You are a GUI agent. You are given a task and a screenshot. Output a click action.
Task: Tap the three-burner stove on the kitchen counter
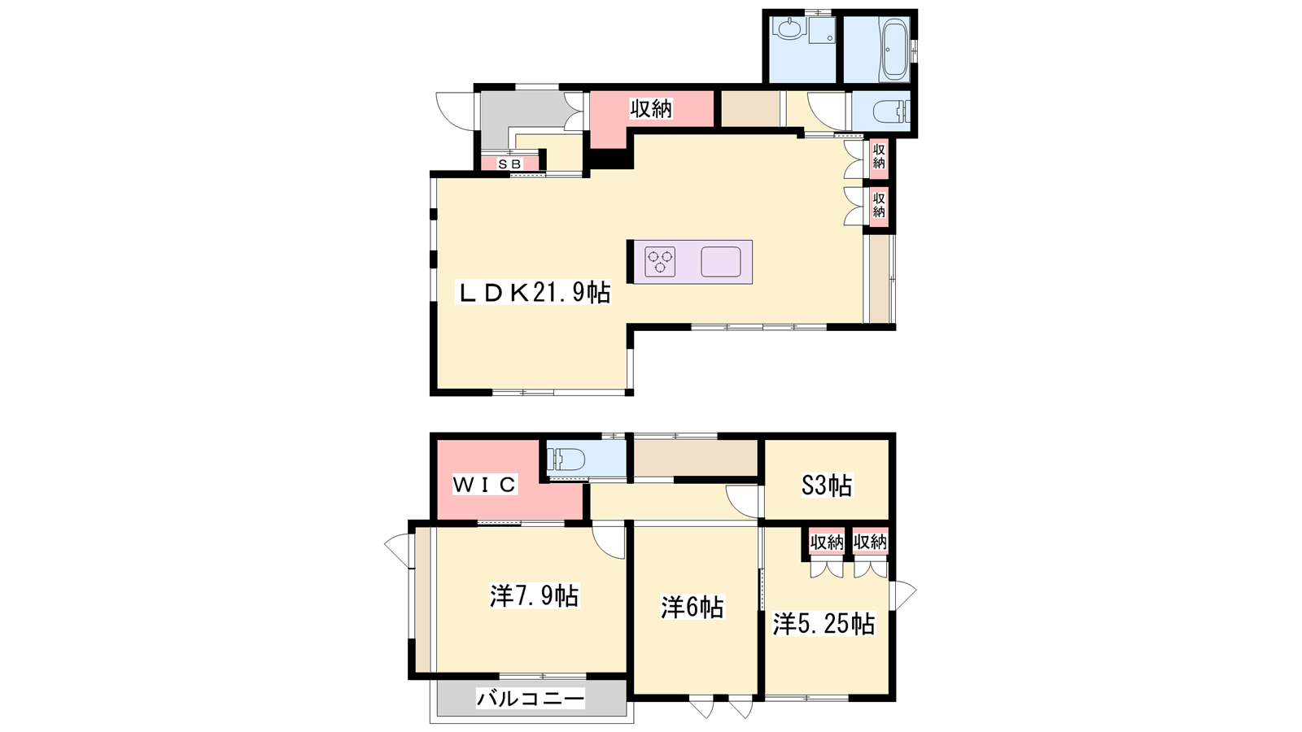(660, 261)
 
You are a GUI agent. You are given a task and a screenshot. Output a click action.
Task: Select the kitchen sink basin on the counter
(721, 261)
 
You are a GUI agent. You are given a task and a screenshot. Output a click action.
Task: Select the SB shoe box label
(509, 164)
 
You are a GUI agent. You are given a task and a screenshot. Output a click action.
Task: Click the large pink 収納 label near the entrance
(651, 109)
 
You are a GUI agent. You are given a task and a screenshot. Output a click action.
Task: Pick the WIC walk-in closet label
(484, 485)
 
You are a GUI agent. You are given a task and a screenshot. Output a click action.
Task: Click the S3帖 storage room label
(827, 486)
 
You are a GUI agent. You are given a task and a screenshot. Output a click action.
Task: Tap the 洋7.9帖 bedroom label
(534, 596)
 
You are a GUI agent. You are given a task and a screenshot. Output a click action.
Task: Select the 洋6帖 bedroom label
(693, 608)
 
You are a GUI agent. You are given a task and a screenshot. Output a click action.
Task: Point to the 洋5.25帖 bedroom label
(824, 624)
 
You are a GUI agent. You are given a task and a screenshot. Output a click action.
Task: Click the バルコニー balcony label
(530, 699)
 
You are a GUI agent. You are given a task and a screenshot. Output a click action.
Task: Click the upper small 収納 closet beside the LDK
(878, 155)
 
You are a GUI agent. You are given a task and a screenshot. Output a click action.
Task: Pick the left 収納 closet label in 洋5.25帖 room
(827, 542)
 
